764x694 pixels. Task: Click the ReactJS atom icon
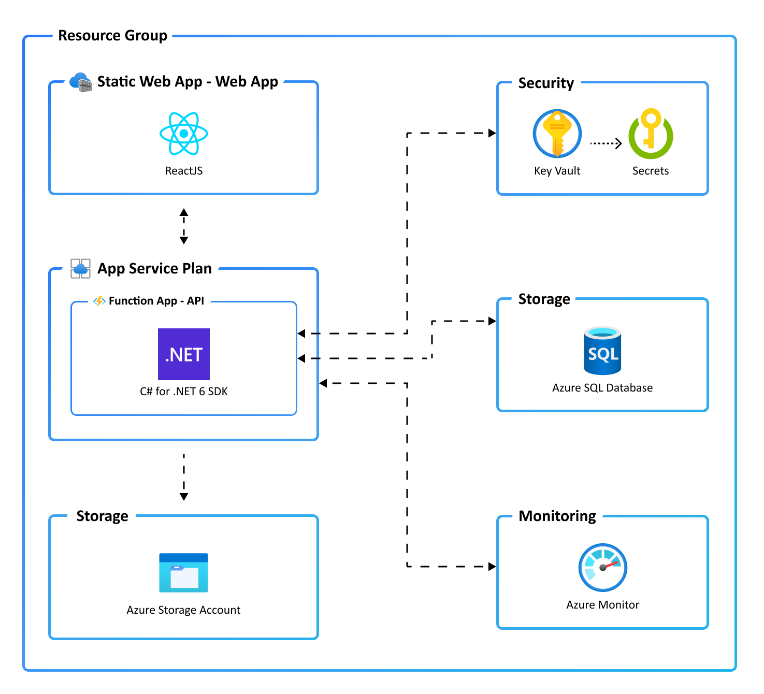tap(184, 134)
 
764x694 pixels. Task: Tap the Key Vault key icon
tap(557, 134)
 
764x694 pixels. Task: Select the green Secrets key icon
tap(651, 134)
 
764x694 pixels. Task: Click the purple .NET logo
tap(184, 354)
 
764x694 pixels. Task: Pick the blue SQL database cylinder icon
tap(602, 351)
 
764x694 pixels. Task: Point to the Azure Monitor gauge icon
tap(602, 568)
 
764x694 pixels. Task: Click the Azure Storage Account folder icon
tap(183, 573)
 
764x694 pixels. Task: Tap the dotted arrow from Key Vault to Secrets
tap(606, 143)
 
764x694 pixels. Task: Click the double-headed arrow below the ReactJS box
tap(184, 226)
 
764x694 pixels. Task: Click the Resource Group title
tap(112, 36)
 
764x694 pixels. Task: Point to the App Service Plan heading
tap(154, 268)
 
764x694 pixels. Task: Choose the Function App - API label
tap(156, 301)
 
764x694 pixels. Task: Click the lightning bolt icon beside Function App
tap(99, 301)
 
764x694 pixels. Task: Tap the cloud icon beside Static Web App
tap(80, 82)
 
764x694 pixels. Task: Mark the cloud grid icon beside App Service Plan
tap(80, 268)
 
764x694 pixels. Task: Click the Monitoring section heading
tap(557, 516)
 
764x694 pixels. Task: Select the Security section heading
tap(546, 83)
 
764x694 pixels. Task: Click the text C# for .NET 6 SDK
tap(184, 392)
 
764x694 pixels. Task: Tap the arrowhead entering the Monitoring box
tap(492, 567)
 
